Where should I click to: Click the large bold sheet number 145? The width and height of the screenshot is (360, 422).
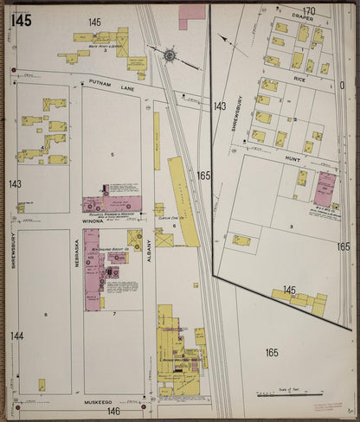22,18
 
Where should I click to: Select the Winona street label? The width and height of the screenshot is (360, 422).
93,221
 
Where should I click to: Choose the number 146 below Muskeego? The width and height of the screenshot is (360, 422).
113,412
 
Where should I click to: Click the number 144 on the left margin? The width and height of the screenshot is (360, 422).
16,336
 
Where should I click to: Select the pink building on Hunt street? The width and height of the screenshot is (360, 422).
325,188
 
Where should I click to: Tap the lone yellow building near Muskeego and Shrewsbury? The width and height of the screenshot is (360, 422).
41,385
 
